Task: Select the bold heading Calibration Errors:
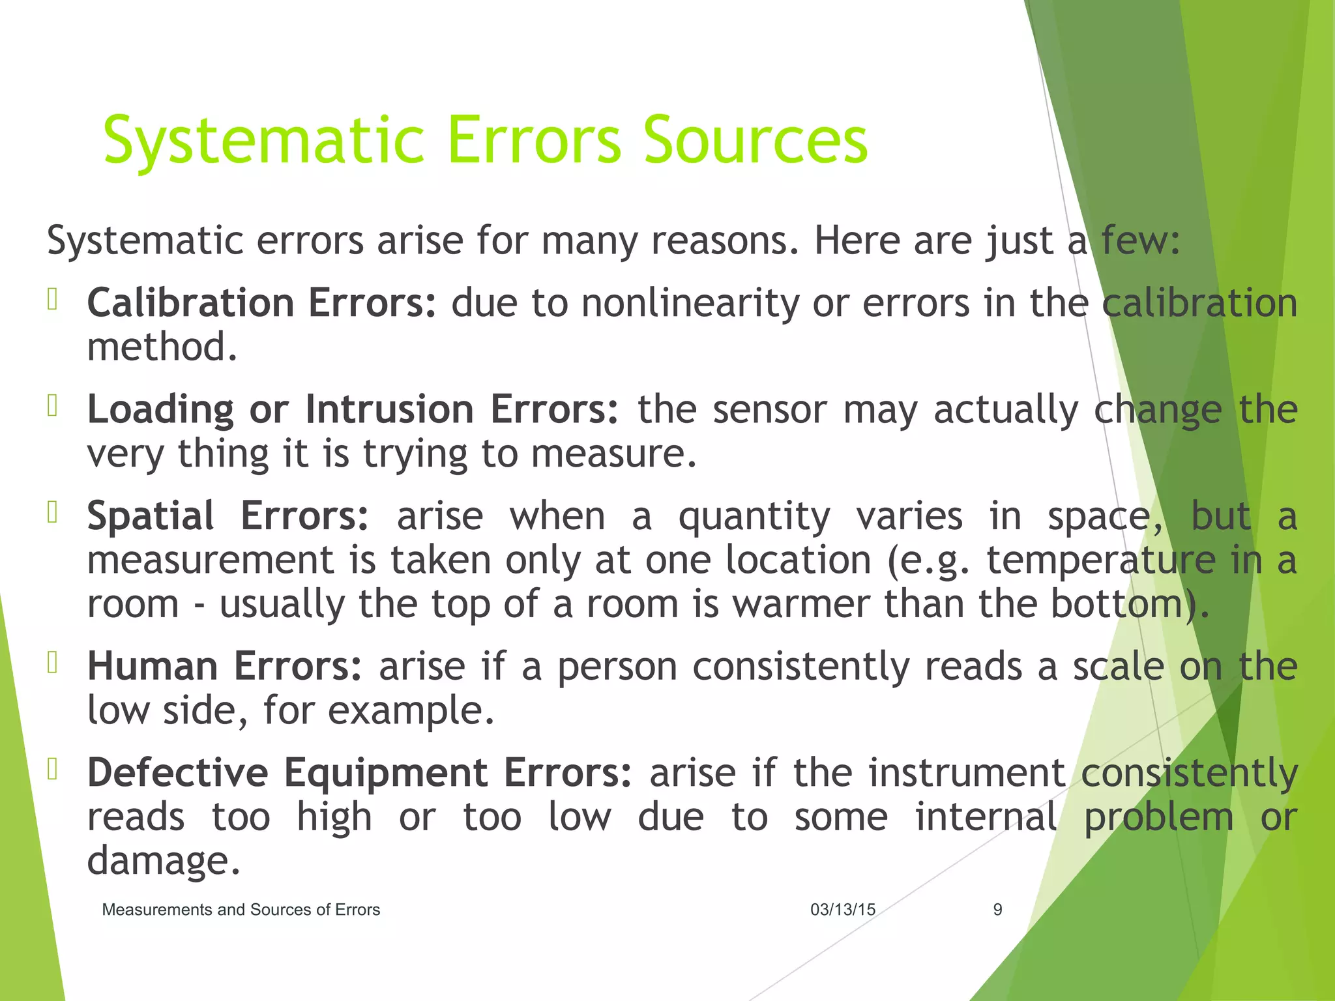pyautogui.click(x=261, y=303)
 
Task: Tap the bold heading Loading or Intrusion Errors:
pyautogui.click(x=352, y=409)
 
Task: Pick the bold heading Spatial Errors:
pyautogui.click(x=227, y=516)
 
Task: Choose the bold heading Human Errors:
pyautogui.click(x=224, y=667)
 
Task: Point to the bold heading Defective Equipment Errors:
pyautogui.click(x=359, y=773)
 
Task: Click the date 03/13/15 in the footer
pyautogui.click(x=842, y=910)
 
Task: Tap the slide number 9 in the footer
pyautogui.click(x=997, y=910)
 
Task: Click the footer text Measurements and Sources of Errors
pyautogui.click(x=241, y=910)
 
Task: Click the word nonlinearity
pyautogui.click(x=690, y=303)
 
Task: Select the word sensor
pyautogui.click(x=769, y=409)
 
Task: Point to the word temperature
pyautogui.click(x=1101, y=560)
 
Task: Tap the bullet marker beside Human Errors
pyautogui.click(x=53, y=663)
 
